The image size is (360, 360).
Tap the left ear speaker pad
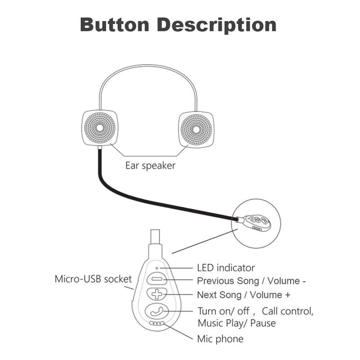[x=99, y=128]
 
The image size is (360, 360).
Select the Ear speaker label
[x=150, y=165]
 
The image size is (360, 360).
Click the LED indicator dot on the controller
[x=156, y=268]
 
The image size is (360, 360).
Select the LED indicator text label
[x=226, y=268]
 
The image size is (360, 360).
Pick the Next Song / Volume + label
[x=243, y=295]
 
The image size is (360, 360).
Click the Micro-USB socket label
[x=93, y=279]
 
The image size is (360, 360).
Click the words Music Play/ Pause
[x=237, y=323]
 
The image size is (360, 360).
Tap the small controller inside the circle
[x=257, y=222]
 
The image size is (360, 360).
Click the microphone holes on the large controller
[x=157, y=323]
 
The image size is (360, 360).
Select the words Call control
[x=288, y=310]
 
